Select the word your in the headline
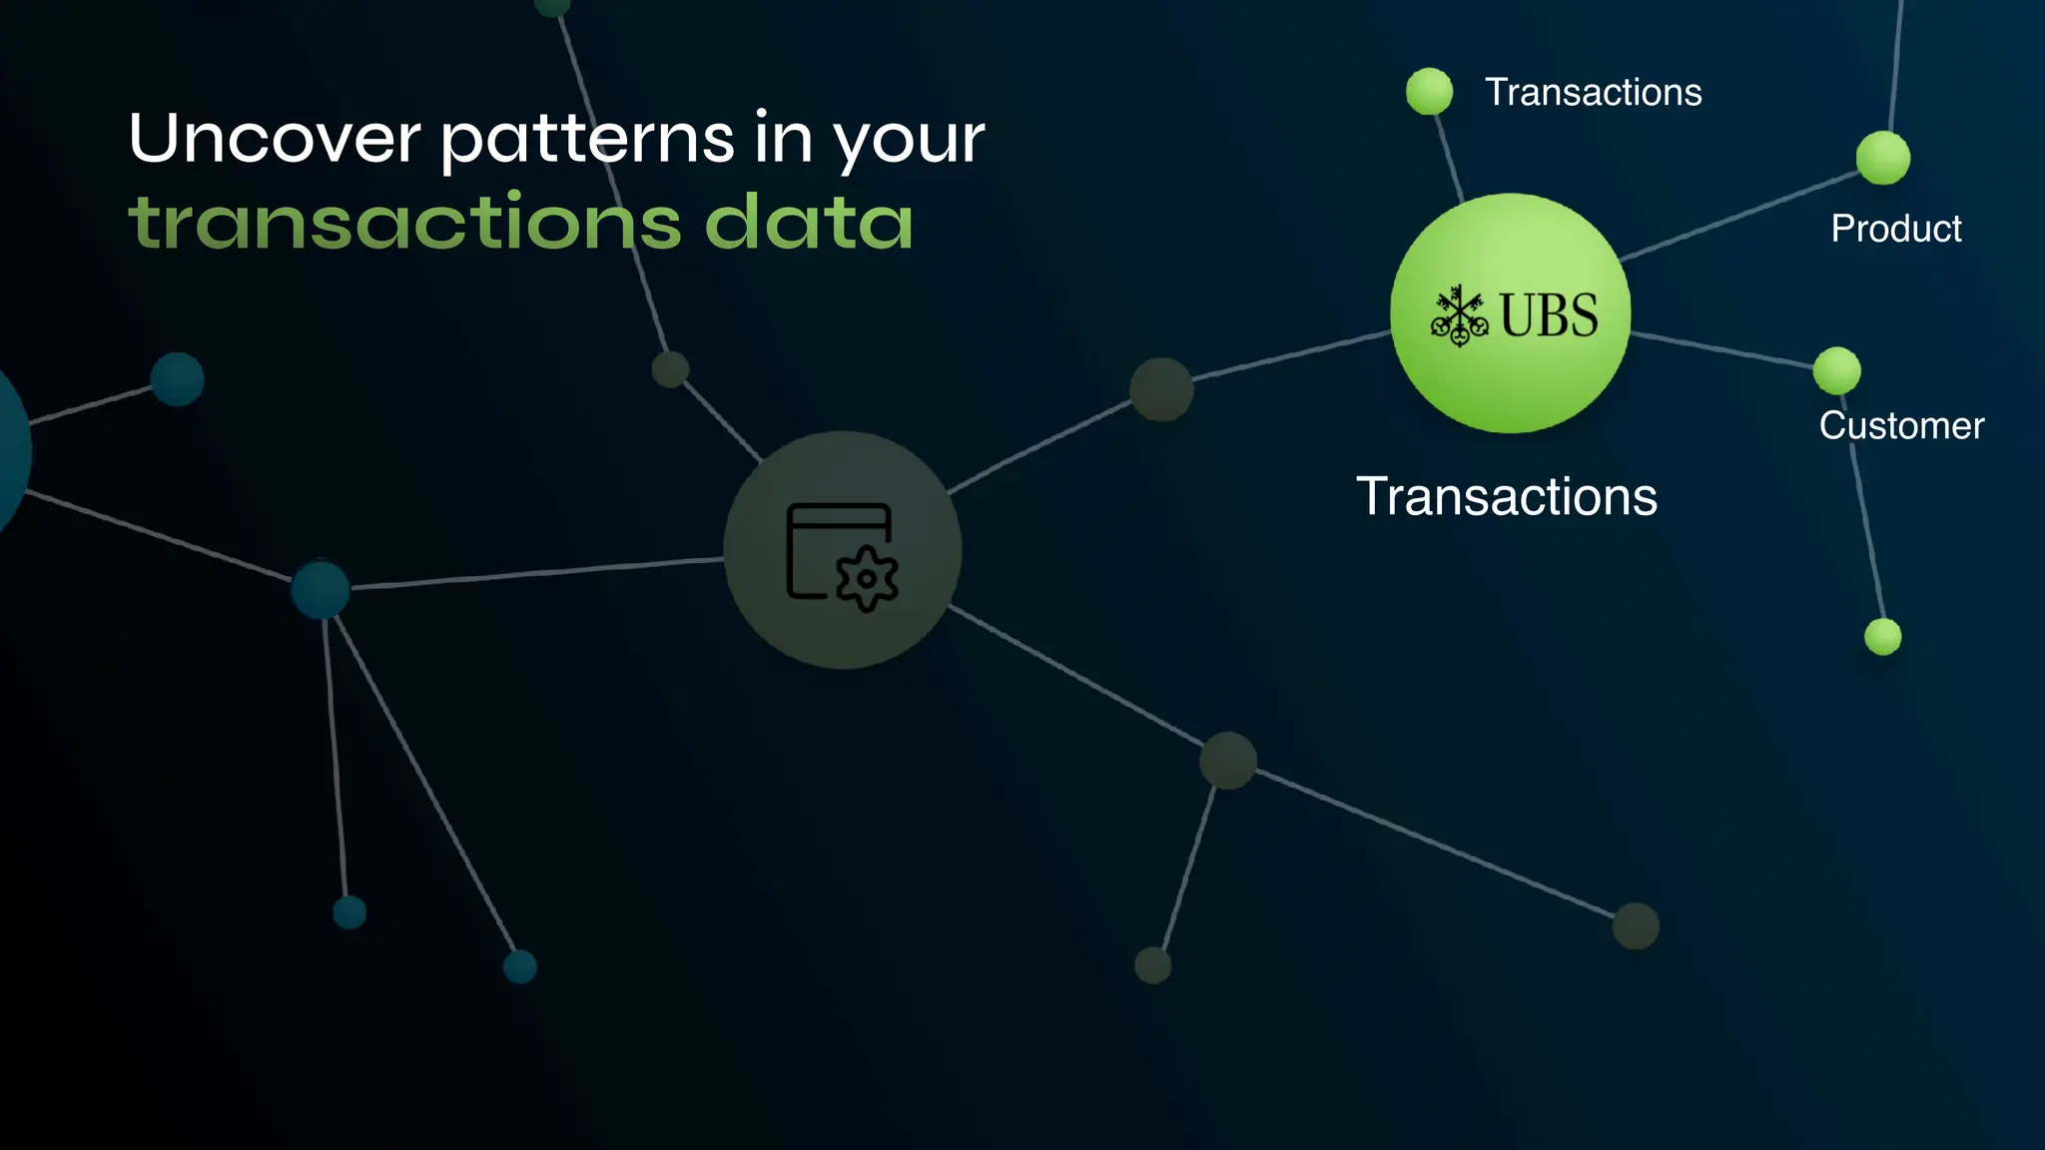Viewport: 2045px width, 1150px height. (x=909, y=140)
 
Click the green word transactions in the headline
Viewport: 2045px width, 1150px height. (x=405, y=222)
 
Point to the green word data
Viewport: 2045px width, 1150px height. (x=809, y=222)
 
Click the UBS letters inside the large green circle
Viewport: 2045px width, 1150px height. (x=1549, y=315)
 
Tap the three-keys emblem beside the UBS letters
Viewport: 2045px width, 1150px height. (x=1459, y=316)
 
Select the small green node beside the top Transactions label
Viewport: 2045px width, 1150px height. (x=1429, y=92)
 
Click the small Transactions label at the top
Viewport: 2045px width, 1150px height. (x=1593, y=93)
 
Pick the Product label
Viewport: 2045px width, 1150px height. (x=1895, y=229)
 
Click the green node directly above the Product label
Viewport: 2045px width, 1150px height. (x=1882, y=158)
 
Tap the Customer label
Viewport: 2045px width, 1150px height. (x=1901, y=426)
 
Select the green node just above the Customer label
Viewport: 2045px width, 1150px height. (x=1836, y=371)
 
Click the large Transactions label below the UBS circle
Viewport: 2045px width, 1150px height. (x=1506, y=497)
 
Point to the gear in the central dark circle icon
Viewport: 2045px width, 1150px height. (x=867, y=578)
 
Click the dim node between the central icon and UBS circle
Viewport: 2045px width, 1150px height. (x=1161, y=389)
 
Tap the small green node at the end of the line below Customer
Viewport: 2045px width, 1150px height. (x=1882, y=637)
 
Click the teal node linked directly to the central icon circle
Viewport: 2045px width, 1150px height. (x=321, y=589)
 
